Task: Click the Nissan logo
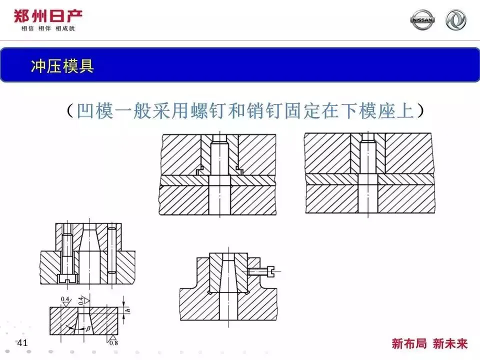[x=422, y=20]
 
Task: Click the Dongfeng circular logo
[x=456, y=20]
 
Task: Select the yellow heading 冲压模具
[x=62, y=66]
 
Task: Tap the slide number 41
[x=22, y=343]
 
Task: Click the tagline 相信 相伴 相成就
[x=48, y=29]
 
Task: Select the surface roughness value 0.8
[x=114, y=343]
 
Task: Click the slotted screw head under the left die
[x=67, y=278]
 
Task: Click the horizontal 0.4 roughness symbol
[x=65, y=299]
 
